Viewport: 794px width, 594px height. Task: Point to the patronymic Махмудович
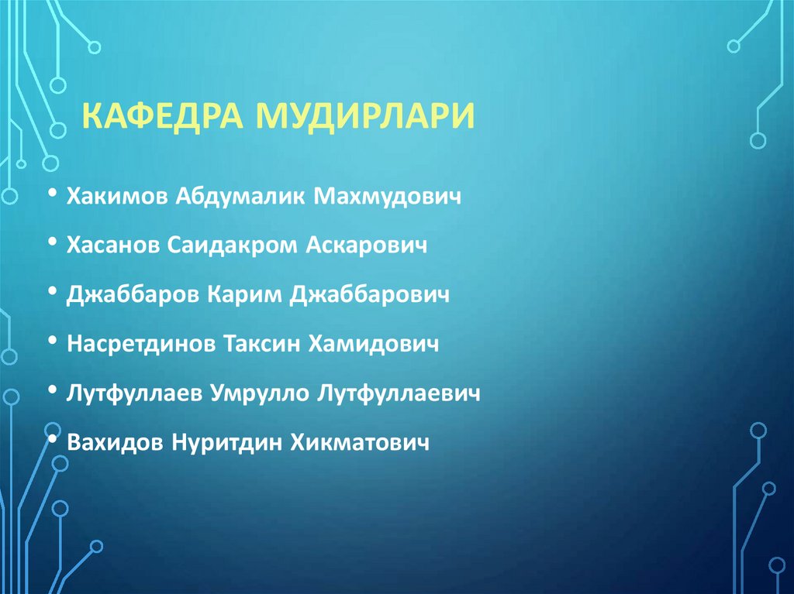click(x=388, y=196)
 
